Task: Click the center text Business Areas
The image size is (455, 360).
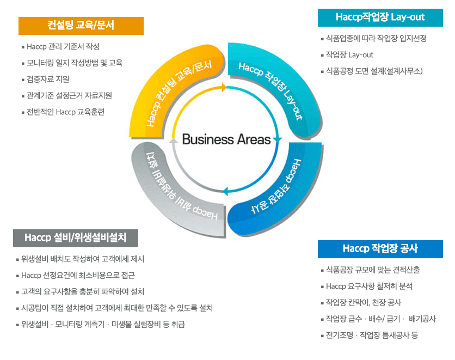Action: (226, 139)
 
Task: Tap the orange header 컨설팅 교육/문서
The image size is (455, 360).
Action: (81, 26)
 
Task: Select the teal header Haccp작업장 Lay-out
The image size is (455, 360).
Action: (380, 17)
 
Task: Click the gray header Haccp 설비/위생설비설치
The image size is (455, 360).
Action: (76, 238)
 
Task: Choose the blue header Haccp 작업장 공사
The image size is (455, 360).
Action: (380, 249)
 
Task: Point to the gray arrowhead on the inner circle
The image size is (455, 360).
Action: (174, 141)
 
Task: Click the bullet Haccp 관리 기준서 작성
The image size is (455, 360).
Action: (63, 47)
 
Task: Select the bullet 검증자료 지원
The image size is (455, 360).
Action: (48, 80)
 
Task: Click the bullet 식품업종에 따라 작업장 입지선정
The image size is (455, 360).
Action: (376, 39)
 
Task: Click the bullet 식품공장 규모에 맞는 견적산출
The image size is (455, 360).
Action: (373, 270)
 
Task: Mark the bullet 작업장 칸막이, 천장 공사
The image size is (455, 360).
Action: (363, 303)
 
